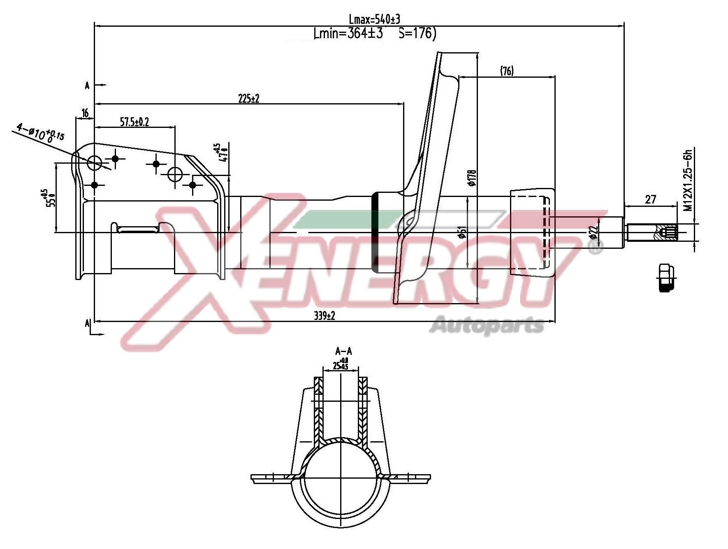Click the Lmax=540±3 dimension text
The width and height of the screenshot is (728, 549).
point(374,19)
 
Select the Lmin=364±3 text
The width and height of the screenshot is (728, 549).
point(348,33)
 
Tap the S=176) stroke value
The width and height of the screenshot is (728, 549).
point(417,33)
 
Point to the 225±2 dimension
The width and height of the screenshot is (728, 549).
point(249,98)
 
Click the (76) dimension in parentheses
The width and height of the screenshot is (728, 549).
point(507,71)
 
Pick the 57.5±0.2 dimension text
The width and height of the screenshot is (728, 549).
point(134,122)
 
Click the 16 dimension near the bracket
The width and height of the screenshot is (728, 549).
point(85,113)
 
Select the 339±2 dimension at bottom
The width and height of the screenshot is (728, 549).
point(325,315)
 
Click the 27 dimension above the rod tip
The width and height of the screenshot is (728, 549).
point(650,199)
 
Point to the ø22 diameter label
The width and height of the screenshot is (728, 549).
point(593,232)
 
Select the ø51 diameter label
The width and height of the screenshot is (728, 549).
point(463,232)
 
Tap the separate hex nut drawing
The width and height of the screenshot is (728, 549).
point(668,278)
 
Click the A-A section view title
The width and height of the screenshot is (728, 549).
point(343,351)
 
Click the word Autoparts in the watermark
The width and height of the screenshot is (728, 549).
point(489,325)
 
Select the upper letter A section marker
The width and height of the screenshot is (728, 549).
point(87,86)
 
